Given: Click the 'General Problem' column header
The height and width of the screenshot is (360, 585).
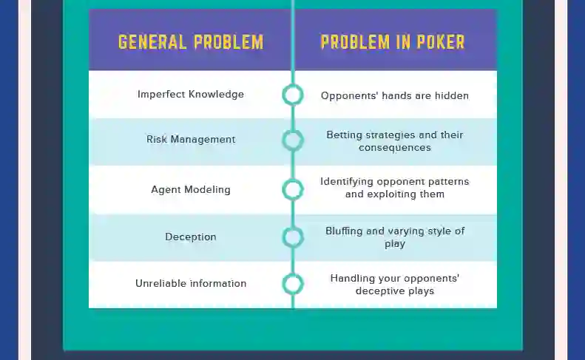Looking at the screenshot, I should pyautogui.click(x=191, y=41).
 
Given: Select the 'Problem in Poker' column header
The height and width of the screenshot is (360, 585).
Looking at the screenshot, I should pyautogui.click(x=393, y=41).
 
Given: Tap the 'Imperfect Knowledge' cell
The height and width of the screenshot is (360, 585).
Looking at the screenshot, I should pyautogui.click(x=191, y=95).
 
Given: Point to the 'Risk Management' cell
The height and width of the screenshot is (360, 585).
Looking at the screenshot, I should pyautogui.click(x=191, y=139).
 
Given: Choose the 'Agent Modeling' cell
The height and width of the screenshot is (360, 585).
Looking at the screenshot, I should pyautogui.click(x=191, y=189).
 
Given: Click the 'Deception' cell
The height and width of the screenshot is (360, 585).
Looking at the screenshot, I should pyautogui.click(x=191, y=237).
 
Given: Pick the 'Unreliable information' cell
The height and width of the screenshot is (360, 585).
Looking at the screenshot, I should pyautogui.click(x=191, y=284).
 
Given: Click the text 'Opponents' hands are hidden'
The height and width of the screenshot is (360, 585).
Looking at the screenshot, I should pyautogui.click(x=395, y=95).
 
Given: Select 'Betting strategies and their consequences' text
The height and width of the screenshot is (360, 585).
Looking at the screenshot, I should pyautogui.click(x=395, y=141).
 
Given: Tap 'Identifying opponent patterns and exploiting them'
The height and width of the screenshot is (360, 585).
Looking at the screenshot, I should pyautogui.click(x=395, y=188).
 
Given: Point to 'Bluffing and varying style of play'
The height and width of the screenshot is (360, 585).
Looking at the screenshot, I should pyautogui.click(x=395, y=237).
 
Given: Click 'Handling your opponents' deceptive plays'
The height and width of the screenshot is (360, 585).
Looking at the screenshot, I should pyautogui.click(x=395, y=285).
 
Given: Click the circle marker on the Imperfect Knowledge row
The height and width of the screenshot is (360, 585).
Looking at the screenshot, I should pyautogui.click(x=293, y=95).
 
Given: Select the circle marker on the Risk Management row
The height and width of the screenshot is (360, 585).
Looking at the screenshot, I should pyautogui.click(x=293, y=140).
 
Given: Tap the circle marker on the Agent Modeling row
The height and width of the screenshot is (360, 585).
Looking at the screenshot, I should pyautogui.click(x=293, y=189).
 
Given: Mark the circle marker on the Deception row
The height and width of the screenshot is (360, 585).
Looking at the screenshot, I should pyautogui.click(x=293, y=237).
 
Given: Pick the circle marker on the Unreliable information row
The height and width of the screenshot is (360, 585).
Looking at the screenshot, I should pyautogui.click(x=293, y=284).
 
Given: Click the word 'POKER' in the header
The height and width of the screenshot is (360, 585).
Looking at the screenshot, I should pyautogui.click(x=440, y=41).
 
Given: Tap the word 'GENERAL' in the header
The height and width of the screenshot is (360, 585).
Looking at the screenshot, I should pyautogui.click(x=153, y=41).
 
